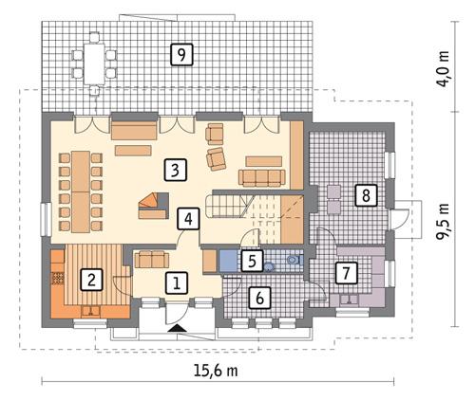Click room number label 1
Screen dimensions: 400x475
[176, 281]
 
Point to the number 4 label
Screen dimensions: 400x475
[188, 218]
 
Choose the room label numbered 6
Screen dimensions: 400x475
[257, 298]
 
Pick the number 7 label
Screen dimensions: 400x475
[347, 273]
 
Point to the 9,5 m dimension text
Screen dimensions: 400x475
[441, 224]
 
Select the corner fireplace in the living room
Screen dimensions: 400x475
[152, 201]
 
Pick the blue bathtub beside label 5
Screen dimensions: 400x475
[229, 260]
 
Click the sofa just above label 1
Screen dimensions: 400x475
[152, 258]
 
